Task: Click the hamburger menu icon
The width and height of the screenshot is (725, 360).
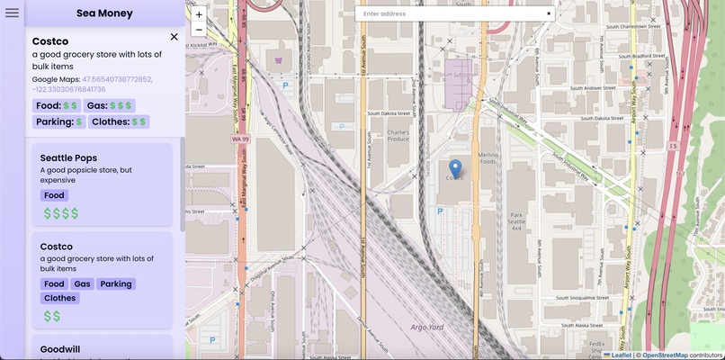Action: [12, 13]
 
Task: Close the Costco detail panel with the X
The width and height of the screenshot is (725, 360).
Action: [174, 37]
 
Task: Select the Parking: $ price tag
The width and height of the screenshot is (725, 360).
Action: [58, 121]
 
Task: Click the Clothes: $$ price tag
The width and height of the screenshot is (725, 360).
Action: [119, 121]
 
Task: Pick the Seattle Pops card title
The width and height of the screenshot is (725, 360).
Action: [68, 157]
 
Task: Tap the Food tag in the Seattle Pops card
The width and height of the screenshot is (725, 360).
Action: [54, 195]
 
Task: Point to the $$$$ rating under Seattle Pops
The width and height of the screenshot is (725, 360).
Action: [61, 213]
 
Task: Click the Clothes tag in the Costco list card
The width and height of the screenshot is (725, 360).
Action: [60, 298]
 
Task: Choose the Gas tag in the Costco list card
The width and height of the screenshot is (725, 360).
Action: [83, 283]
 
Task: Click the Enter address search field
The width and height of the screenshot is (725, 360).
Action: [450, 13]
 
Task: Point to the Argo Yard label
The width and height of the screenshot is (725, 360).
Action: [426, 327]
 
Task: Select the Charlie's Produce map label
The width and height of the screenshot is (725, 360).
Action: [398, 136]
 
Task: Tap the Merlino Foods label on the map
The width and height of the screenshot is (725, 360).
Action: [488, 158]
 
